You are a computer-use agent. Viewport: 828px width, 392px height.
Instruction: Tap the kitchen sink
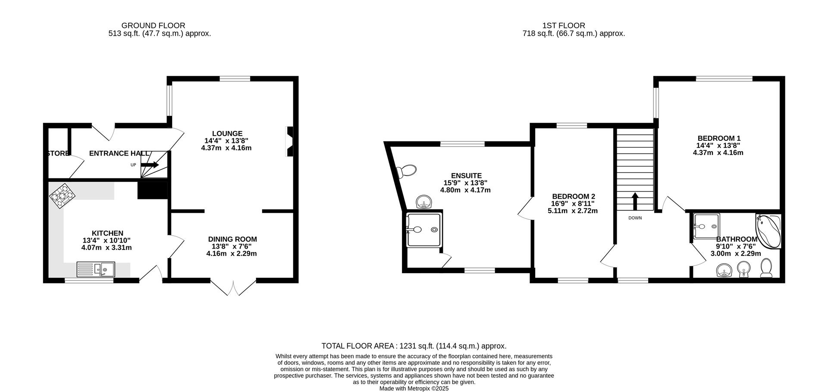point(96,269)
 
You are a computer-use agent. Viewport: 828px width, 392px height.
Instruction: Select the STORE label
point(57,153)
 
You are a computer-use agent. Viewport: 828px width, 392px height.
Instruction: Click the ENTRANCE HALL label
point(119,153)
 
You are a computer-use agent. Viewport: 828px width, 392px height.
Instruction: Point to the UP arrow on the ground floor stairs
point(150,165)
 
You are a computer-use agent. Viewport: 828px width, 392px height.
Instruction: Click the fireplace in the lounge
point(289,141)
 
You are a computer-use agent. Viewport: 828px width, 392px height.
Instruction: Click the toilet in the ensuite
point(407,171)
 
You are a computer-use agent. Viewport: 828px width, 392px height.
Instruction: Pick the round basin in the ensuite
point(424,202)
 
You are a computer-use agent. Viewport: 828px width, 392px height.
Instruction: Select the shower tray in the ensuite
point(424,230)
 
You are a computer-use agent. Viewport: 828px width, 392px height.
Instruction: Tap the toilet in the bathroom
point(766,268)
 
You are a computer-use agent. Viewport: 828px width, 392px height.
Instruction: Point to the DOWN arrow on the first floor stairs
point(635,201)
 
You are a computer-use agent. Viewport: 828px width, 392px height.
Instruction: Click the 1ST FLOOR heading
point(564,25)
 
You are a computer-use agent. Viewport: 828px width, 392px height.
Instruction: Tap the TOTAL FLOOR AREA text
point(414,346)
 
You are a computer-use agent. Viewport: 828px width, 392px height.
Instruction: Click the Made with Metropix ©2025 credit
point(414,388)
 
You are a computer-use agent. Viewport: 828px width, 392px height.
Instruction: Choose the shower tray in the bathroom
point(706,226)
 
